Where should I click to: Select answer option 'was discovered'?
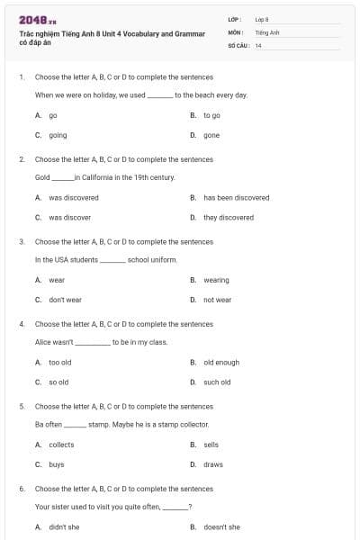pyautogui.click(x=73, y=197)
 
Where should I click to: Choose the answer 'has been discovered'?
pyautogui.click(x=236, y=197)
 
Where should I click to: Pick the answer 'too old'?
pyautogui.click(x=59, y=362)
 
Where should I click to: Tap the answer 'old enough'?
pyautogui.click(x=221, y=362)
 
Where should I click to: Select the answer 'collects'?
pyautogui.click(x=61, y=445)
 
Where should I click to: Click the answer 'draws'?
pyautogui.click(x=212, y=464)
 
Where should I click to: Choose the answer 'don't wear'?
pyautogui.click(x=65, y=300)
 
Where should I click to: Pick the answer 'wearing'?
pyautogui.click(x=216, y=280)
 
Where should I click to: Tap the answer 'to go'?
pyautogui.click(x=211, y=115)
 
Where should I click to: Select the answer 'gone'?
pyautogui.click(x=211, y=135)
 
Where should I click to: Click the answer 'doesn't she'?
pyautogui.click(x=221, y=526)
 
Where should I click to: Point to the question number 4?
pyautogui.click(x=21, y=324)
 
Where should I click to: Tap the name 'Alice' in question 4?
pyautogui.click(x=43, y=342)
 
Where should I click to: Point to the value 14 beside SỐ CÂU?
pyautogui.click(x=258, y=44)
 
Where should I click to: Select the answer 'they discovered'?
pyautogui.click(x=229, y=217)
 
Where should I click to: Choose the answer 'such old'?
pyautogui.click(x=217, y=382)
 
